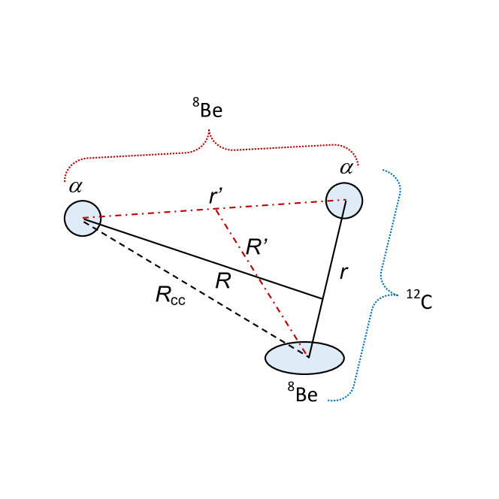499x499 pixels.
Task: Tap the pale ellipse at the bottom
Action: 286,362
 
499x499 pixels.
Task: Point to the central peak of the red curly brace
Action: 209,131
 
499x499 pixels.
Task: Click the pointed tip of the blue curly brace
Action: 398,295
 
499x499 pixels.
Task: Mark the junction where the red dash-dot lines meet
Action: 215,208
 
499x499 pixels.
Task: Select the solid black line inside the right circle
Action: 344,209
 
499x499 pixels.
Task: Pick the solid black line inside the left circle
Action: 91,222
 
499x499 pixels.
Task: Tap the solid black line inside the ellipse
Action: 310,350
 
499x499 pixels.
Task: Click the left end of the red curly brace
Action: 65,182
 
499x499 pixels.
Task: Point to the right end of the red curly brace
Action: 358,165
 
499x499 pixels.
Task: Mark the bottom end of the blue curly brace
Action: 328,401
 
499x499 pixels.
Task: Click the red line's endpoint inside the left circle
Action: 83,218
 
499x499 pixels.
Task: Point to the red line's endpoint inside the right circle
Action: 345,200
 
